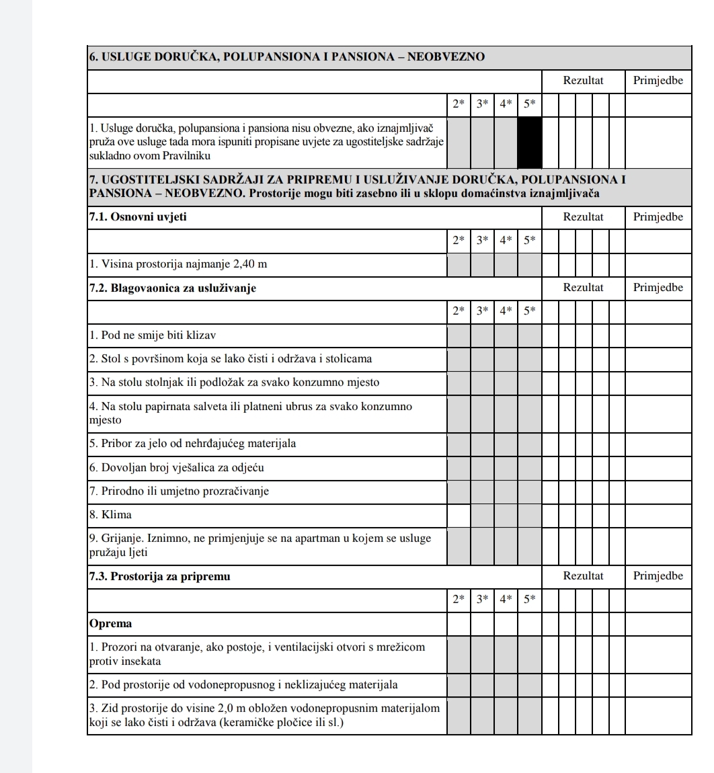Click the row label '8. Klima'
[111, 515]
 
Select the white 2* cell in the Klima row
[459, 515]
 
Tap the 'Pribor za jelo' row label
[192, 444]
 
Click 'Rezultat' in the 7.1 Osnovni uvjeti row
[583, 217]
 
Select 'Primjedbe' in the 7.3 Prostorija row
[658, 576]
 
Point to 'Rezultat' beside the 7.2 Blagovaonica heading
[583, 288]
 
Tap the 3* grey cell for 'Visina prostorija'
[482, 264]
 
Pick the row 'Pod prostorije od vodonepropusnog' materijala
[243, 685]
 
